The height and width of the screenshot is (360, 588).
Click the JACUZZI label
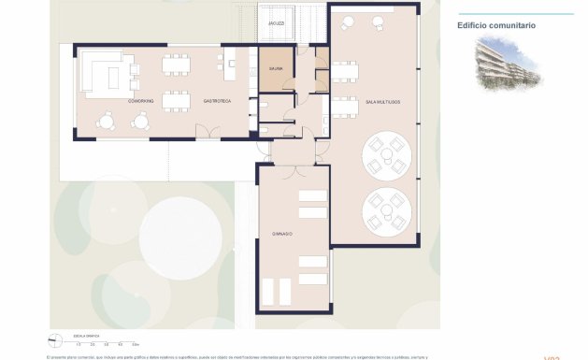276,22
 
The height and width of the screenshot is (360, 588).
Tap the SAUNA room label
276,69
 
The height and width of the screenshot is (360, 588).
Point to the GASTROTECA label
217,101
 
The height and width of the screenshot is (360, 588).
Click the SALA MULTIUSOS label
383,101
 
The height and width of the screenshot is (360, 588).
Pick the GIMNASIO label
282,234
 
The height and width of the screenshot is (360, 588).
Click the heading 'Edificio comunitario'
496,25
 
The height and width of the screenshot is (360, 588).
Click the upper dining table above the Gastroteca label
175,65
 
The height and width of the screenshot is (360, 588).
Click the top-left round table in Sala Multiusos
349,23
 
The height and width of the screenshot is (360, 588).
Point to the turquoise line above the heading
515,14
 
